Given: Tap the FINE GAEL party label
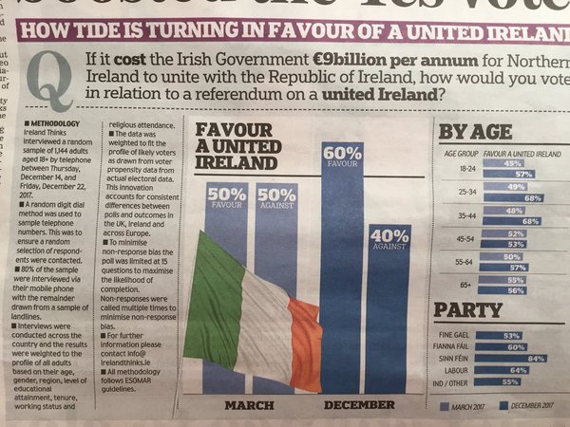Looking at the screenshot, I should [x=455, y=335].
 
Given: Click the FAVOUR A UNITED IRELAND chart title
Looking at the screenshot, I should [x=232, y=147].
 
